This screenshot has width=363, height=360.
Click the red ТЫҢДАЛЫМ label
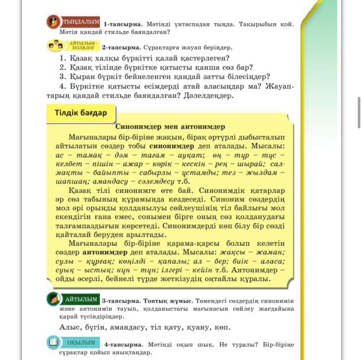81,22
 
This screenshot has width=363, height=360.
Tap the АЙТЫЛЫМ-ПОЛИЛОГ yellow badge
83,45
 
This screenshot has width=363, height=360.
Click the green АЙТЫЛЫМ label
81,300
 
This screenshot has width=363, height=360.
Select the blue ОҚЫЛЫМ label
81,342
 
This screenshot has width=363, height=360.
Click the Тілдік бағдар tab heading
81,113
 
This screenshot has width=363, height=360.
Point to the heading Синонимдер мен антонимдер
170,127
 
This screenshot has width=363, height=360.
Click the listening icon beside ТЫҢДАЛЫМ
53,22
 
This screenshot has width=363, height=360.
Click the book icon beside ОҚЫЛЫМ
53,342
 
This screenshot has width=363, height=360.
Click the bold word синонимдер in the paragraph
171,146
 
